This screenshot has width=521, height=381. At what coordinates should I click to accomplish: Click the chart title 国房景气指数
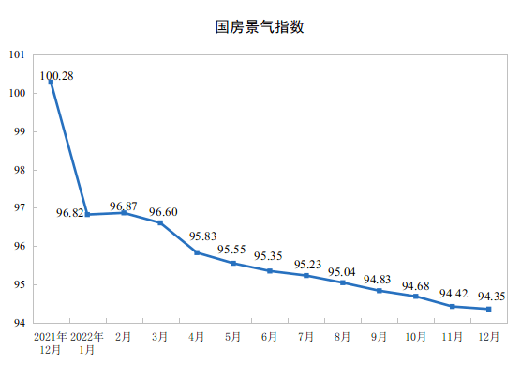click(x=260, y=27)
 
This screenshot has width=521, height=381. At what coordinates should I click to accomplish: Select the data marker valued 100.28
click(x=51, y=83)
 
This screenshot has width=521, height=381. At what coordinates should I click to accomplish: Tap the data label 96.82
click(x=69, y=213)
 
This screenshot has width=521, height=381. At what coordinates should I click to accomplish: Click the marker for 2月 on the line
click(x=124, y=213)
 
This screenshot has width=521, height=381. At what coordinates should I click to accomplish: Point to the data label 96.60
click(x=163, y=212)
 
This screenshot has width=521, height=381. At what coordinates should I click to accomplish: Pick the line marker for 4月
click(x=197, y=252)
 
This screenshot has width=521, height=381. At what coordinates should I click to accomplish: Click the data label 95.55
click(x=231, y=250)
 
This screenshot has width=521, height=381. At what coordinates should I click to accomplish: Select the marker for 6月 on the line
click(x=270, y=271)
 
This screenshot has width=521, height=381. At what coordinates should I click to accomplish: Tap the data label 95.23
click(x=307, y=265)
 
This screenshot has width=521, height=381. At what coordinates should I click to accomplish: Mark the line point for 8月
click(x=343, y=282)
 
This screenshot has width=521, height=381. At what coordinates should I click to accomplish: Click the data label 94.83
click(x=377, y=280)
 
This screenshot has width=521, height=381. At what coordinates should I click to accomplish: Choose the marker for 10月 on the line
click(x=416, y=297)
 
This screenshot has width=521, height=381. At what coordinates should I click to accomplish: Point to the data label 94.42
click(x=454, y=294)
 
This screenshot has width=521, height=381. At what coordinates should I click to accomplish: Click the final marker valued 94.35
click(x=489, y=309)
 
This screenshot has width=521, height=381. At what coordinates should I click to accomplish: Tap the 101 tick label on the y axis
click(x=17, y=54)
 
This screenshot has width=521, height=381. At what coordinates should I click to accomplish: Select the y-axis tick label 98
click(x=20, y=170)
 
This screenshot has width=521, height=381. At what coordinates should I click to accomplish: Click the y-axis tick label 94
click(x=20, y=323)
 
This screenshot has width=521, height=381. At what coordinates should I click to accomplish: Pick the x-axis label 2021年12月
click(x=51, y=343)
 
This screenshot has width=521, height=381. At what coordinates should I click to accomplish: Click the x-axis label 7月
click(x=305, y=337)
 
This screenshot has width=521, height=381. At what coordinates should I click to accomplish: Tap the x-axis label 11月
click(x=452, y=337)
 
